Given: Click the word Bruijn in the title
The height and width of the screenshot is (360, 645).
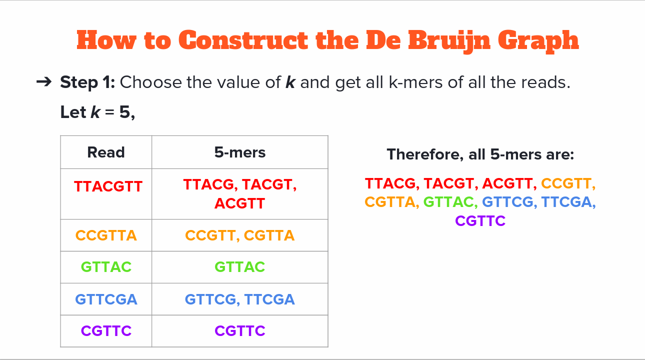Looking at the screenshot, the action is [449, 40].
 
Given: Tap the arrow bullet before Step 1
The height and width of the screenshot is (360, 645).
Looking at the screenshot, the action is [44, 82].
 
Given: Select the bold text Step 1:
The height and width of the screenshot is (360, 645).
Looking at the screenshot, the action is [87, 82].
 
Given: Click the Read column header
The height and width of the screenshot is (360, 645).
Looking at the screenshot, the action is [106, 152].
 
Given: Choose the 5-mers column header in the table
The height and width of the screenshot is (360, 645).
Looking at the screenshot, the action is [240, 152].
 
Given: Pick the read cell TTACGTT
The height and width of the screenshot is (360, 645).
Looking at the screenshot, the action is [108, 186].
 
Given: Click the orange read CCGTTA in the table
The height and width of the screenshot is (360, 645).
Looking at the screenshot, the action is [106, 235].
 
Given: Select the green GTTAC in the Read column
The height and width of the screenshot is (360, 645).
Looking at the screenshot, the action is [106, 266].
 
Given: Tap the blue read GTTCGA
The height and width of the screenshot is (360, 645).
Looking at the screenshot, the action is [106, 299].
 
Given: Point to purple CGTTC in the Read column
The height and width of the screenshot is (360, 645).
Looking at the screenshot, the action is [106, 330].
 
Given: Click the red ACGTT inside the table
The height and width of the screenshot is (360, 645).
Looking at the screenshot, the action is [239, 203].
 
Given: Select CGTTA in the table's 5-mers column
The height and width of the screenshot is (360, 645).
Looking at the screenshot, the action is [269, 235].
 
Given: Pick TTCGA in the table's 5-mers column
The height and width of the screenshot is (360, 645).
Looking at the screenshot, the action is [269, 299].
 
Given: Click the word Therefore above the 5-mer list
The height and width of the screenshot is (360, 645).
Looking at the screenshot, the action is [425, 154].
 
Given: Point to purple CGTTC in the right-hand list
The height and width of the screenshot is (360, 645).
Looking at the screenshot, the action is [480, 221].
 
